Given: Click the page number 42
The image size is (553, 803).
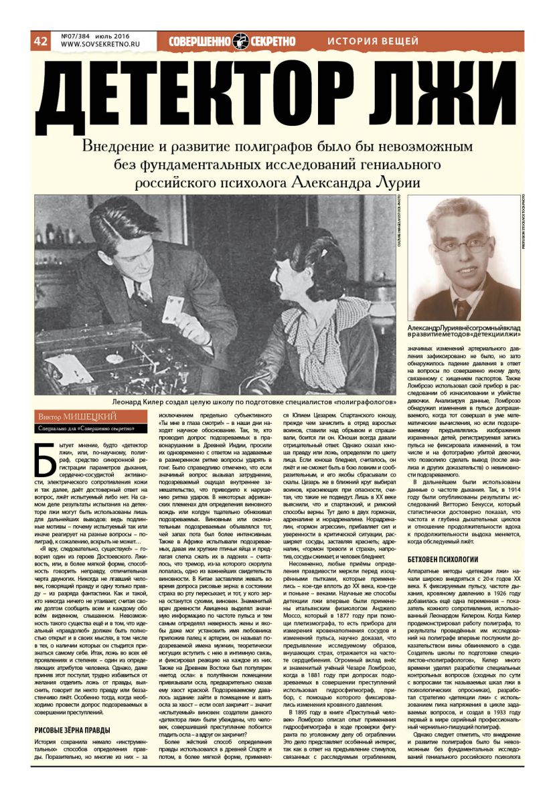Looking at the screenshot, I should tap(39, 41).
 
